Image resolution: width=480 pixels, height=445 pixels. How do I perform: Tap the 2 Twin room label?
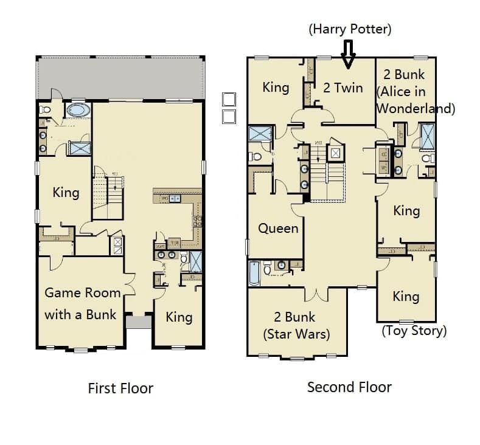click(x=343, y=88)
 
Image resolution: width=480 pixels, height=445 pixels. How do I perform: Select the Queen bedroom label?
click(x=279, y=229)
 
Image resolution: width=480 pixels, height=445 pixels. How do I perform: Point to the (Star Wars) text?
click(x=296, y=334)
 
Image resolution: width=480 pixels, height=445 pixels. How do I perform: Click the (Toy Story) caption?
click(x=414, y=331)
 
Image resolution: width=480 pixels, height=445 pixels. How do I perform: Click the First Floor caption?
click(x=120, y=388)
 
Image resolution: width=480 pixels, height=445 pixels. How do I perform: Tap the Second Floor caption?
click(x=349, y=387)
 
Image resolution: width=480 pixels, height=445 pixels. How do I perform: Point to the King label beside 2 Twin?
click(x=276, y=88)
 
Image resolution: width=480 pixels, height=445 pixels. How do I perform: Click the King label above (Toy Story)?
click(x=406, y=296)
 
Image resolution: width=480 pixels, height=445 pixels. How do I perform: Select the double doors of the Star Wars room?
click(x=315, y=294)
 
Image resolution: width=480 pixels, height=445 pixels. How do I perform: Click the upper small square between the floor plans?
click(x=229, y=98)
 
